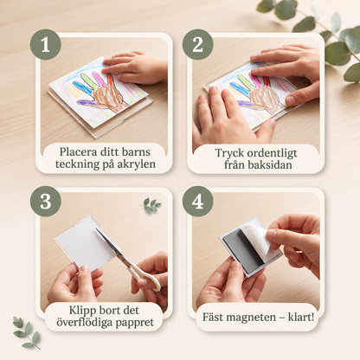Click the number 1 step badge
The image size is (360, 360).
[46, 44]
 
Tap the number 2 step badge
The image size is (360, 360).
[198, 44]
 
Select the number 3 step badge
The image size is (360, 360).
[46, 202]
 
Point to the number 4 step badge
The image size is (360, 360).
[198, 202]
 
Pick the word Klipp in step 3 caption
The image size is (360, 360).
[82, 311]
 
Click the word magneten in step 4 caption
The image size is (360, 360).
[251, 318]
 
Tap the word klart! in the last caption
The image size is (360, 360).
[301, 318]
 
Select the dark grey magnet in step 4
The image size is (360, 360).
[245, 248]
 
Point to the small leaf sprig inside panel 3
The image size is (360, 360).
[151, 204]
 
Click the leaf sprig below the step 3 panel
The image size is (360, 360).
[26, 332]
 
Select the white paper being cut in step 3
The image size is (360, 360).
[84, 241]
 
